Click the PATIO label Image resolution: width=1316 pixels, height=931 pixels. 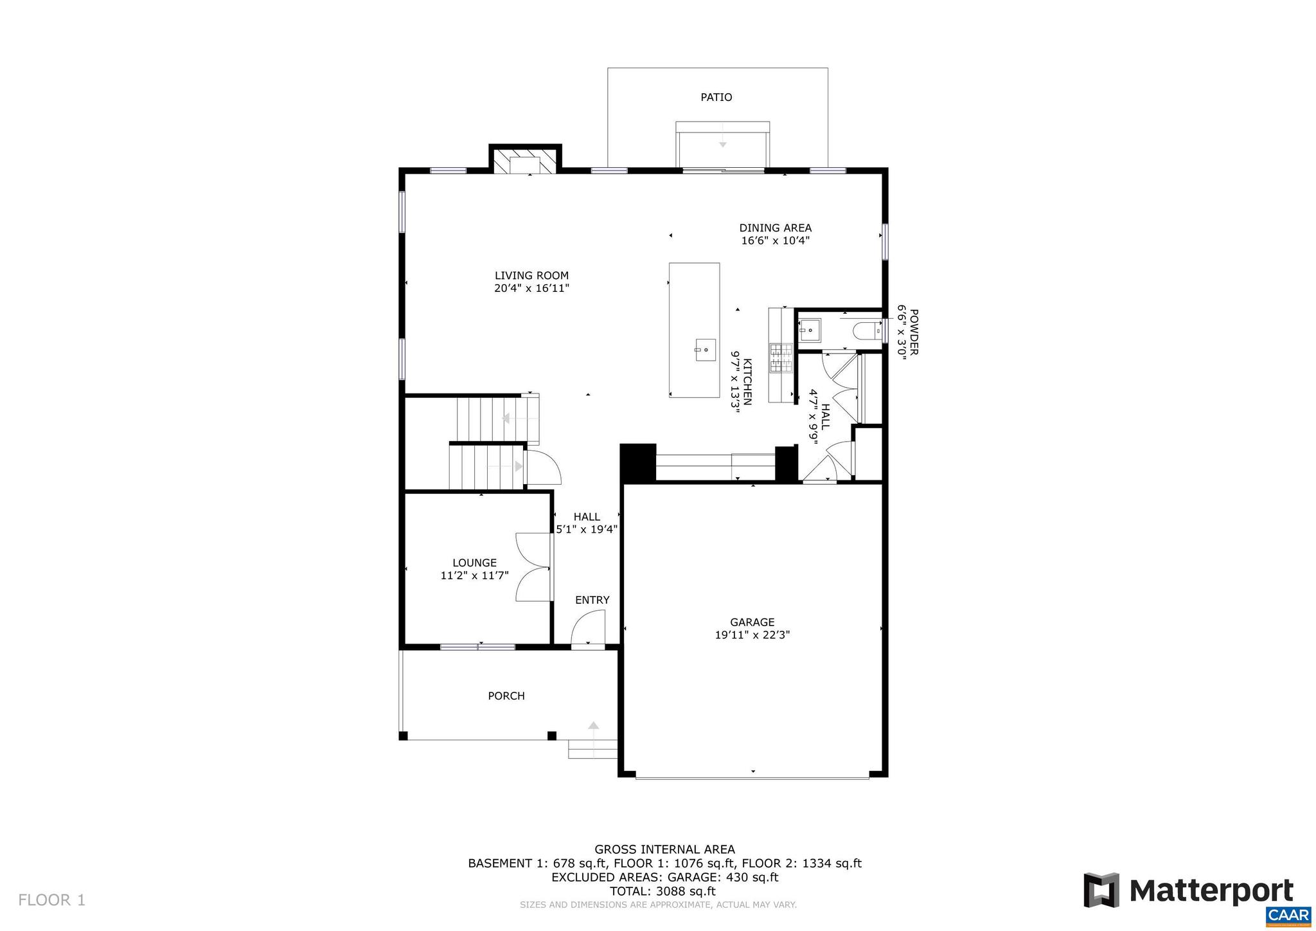[x=716, y=97]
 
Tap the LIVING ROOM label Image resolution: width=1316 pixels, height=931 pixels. [x=531, y=276]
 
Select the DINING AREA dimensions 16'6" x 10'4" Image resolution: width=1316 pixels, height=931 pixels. [x=775, y=241]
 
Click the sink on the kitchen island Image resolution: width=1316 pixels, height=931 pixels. [x=705, y=350]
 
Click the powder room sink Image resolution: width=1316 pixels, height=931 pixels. [x=810, y=330]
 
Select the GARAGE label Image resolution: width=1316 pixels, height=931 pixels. [x=752, y=622]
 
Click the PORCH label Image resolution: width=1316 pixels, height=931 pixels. [x=506, y=696]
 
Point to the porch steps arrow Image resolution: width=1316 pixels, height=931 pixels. [x=593, y=727]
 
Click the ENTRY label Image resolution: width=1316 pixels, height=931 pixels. [x=592, y=600]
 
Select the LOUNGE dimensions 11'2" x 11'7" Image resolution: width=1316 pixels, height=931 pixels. [x=474, y=575]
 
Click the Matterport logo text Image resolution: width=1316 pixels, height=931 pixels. [x=1211, y=891]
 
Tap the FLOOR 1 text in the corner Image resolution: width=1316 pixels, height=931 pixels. [x=51, y=899]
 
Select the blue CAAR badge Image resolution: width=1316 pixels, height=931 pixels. [x=1288, y=916]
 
